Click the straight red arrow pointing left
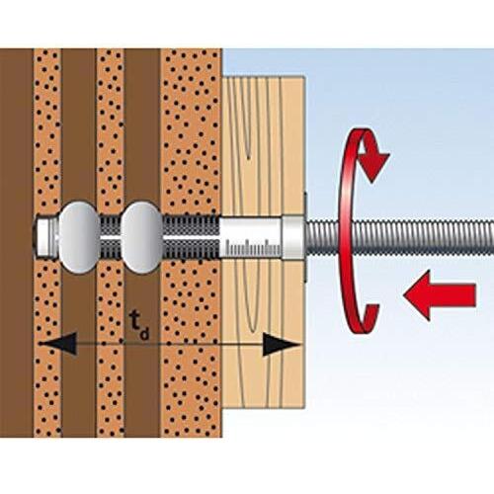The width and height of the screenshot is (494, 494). (x=440, y=295)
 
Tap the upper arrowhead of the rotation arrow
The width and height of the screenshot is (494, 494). (x=373, y=165)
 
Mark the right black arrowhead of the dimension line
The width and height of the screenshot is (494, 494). (x=280, y=345)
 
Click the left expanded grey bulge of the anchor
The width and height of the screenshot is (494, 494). (x=79, y=237)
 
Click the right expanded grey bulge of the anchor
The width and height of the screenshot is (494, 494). (x=142, y=237)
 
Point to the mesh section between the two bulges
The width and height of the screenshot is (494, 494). (x=111, y=236)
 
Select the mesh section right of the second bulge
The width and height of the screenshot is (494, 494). (x=191, y=236)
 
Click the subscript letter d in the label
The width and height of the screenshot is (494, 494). (x=144, y=333)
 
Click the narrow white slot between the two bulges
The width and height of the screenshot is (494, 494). (x=111, y=237)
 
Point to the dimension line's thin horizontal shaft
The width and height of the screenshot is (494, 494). (x=169, y=345)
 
